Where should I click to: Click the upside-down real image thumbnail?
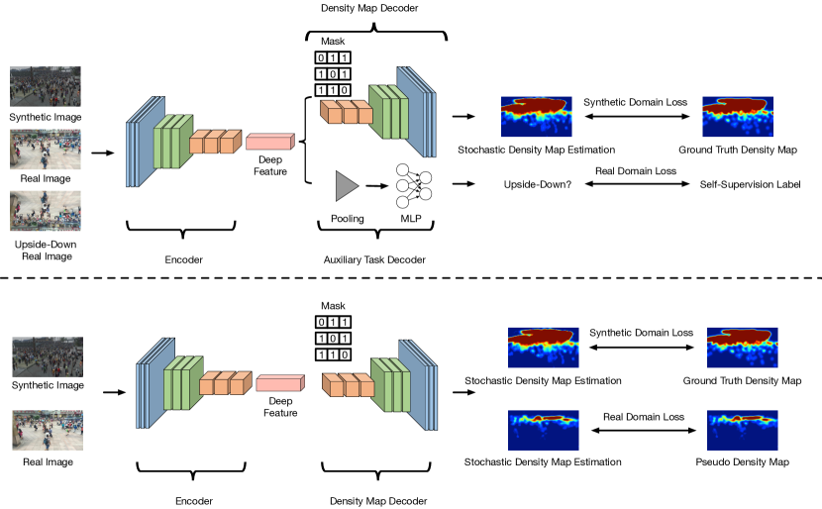tap(46, 211)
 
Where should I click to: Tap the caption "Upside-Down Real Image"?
tap(47, 251)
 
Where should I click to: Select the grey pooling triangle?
tap(347, 185)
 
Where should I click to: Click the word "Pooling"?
tap(347, 219)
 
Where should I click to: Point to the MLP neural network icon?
tap(414, 185)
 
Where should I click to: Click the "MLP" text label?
tap(411, 219)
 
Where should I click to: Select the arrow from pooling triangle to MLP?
tap(377, 185)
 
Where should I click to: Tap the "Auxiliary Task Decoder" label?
tap(374, 259)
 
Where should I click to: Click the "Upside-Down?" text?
tap(538, 184)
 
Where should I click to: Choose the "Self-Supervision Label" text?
tap(750, 184)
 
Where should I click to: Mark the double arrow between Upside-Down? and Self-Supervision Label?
tap(637, 184)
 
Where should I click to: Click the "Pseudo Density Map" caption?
tap(743, 461)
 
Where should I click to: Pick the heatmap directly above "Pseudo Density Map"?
tap(743, 431)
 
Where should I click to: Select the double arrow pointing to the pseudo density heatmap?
tap(644, 431)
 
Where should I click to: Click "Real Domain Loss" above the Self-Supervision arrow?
tap(636, 171)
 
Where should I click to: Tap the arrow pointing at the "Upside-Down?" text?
tap(463, 184)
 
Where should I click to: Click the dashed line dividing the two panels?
tap(411, 278)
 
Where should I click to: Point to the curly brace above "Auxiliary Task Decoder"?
tap(376, 229)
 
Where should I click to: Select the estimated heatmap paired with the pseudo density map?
tap(543, 431)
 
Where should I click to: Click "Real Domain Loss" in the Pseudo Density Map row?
tap(644, 417)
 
